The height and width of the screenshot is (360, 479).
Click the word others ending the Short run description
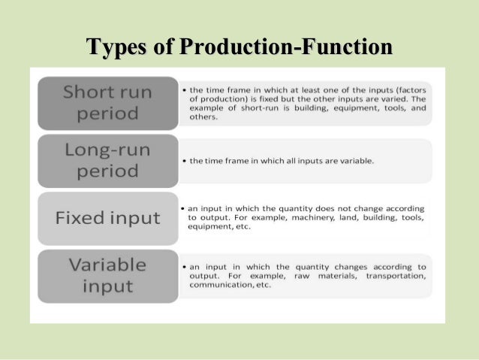click(x=203, y=117)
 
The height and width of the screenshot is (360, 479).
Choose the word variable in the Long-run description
click(x=352, y=161)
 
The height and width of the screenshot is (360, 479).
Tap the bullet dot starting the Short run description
click(x=185, y=88)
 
